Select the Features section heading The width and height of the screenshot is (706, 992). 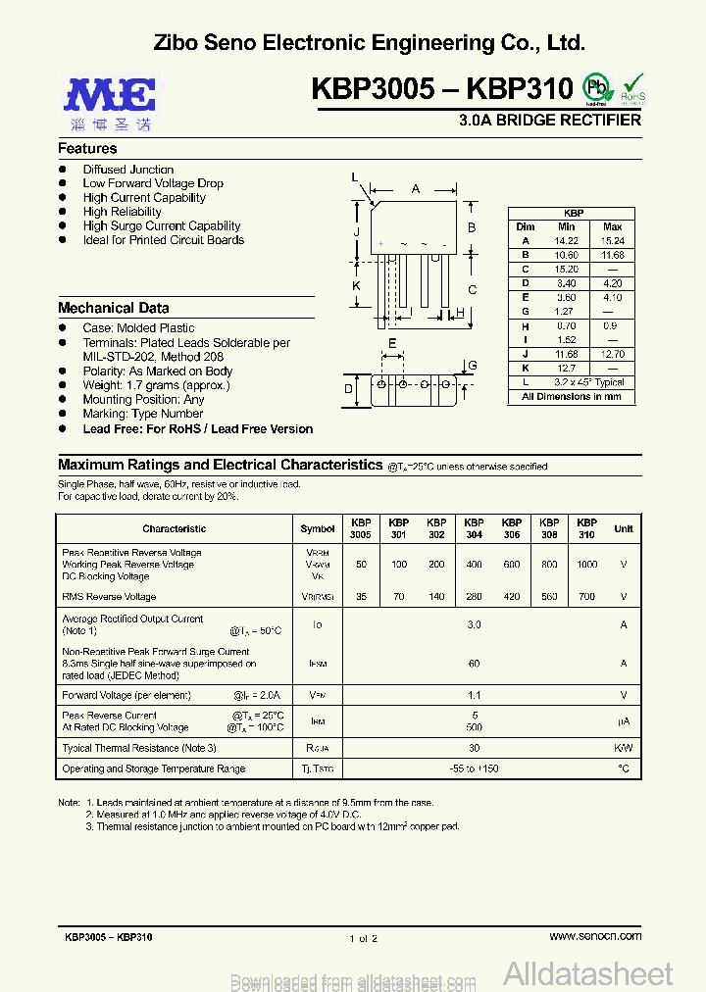coord(87,148)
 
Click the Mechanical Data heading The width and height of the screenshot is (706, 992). coord(113,308)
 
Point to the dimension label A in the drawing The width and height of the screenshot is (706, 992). coord(416,188)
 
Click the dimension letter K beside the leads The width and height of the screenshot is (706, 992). coord(357,285)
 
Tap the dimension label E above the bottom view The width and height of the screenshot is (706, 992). coord(392,343)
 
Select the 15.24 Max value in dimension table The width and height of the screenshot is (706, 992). coord(612,240)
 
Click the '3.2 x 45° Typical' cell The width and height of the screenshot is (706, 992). coord(588,382)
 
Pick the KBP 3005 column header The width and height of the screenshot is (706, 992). coord(361,528)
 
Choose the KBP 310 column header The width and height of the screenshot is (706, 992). coord(586,528)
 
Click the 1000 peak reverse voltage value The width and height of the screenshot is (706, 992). coord(586,565)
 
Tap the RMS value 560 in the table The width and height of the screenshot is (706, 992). coord(549,596)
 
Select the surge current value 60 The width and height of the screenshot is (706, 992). coord(475,664)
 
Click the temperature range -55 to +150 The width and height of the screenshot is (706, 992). coord(475,769)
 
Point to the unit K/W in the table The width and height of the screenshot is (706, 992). coord(624,748)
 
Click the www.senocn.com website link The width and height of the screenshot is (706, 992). coord(595,936)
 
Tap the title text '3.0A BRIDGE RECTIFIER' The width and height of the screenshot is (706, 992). coord(550,120)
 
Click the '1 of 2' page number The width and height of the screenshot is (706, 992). coord(363,938)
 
